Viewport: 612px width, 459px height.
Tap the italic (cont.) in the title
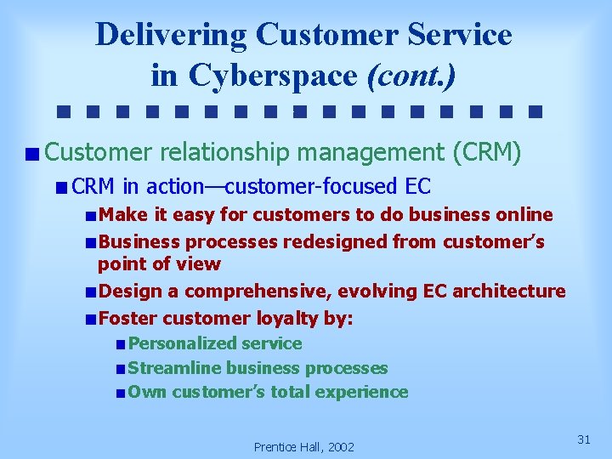[x=411, y=75]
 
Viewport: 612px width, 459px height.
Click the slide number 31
[x=584, y=439]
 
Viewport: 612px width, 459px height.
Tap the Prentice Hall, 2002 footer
[x=304, y=446]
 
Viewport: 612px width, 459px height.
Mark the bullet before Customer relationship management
[x=31, y=155]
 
